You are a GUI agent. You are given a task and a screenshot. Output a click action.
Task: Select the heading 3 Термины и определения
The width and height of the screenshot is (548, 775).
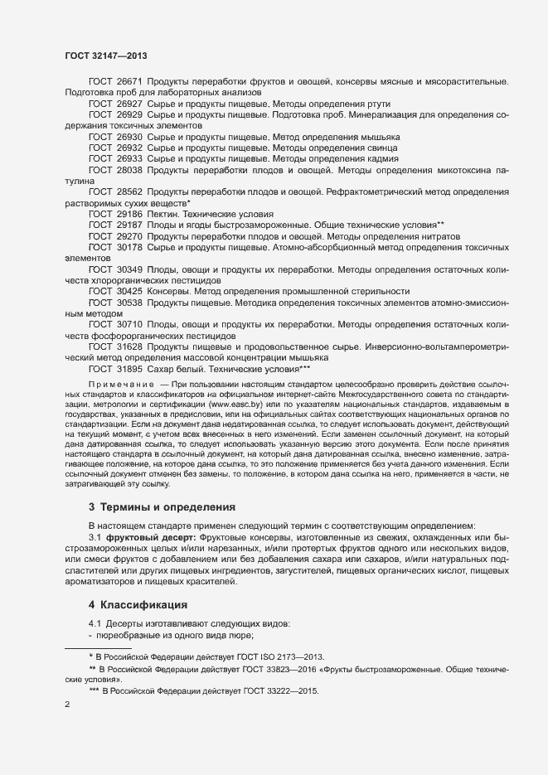(x=162, y=506)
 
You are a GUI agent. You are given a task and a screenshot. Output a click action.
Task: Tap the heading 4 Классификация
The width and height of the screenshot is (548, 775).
(x=138, y=604)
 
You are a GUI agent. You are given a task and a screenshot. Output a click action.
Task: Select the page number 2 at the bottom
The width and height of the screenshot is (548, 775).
(x=67, y=705)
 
